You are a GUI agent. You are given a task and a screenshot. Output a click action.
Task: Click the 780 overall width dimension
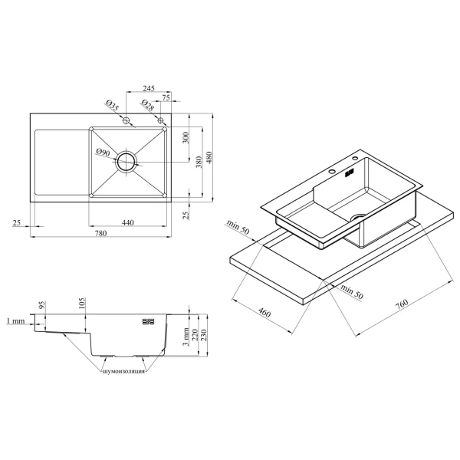click(100, 234)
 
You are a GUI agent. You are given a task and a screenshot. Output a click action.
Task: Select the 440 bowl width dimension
click(127, 222)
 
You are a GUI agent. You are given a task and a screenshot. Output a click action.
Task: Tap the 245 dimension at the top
click(149, 88)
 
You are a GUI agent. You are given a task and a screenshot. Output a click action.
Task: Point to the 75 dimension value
click(166, 97)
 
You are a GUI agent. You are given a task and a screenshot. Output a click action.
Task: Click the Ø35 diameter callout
click(113, 105)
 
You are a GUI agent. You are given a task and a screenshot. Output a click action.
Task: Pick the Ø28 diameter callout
click(147, 105)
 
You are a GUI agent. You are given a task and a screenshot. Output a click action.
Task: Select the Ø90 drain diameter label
click(103, 153)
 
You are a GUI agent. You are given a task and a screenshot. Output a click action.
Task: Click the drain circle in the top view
click(127, 162)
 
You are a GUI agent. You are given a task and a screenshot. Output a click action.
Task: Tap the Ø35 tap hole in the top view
click(127, 120)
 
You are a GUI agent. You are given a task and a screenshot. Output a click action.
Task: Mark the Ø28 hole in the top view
click(160, 120)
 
